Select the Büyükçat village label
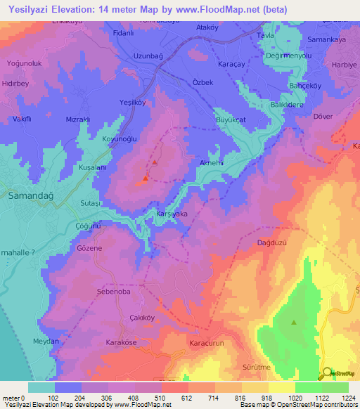click(x=229, y=120)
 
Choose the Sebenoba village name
click(x=114, y=290)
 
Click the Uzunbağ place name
click(x=148, y=56)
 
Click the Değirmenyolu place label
click(x=285, y=56)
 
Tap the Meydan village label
click(x=46, y=342)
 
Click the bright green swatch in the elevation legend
click(x=308, y=387)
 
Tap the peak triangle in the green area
click(x=294, y=323)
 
